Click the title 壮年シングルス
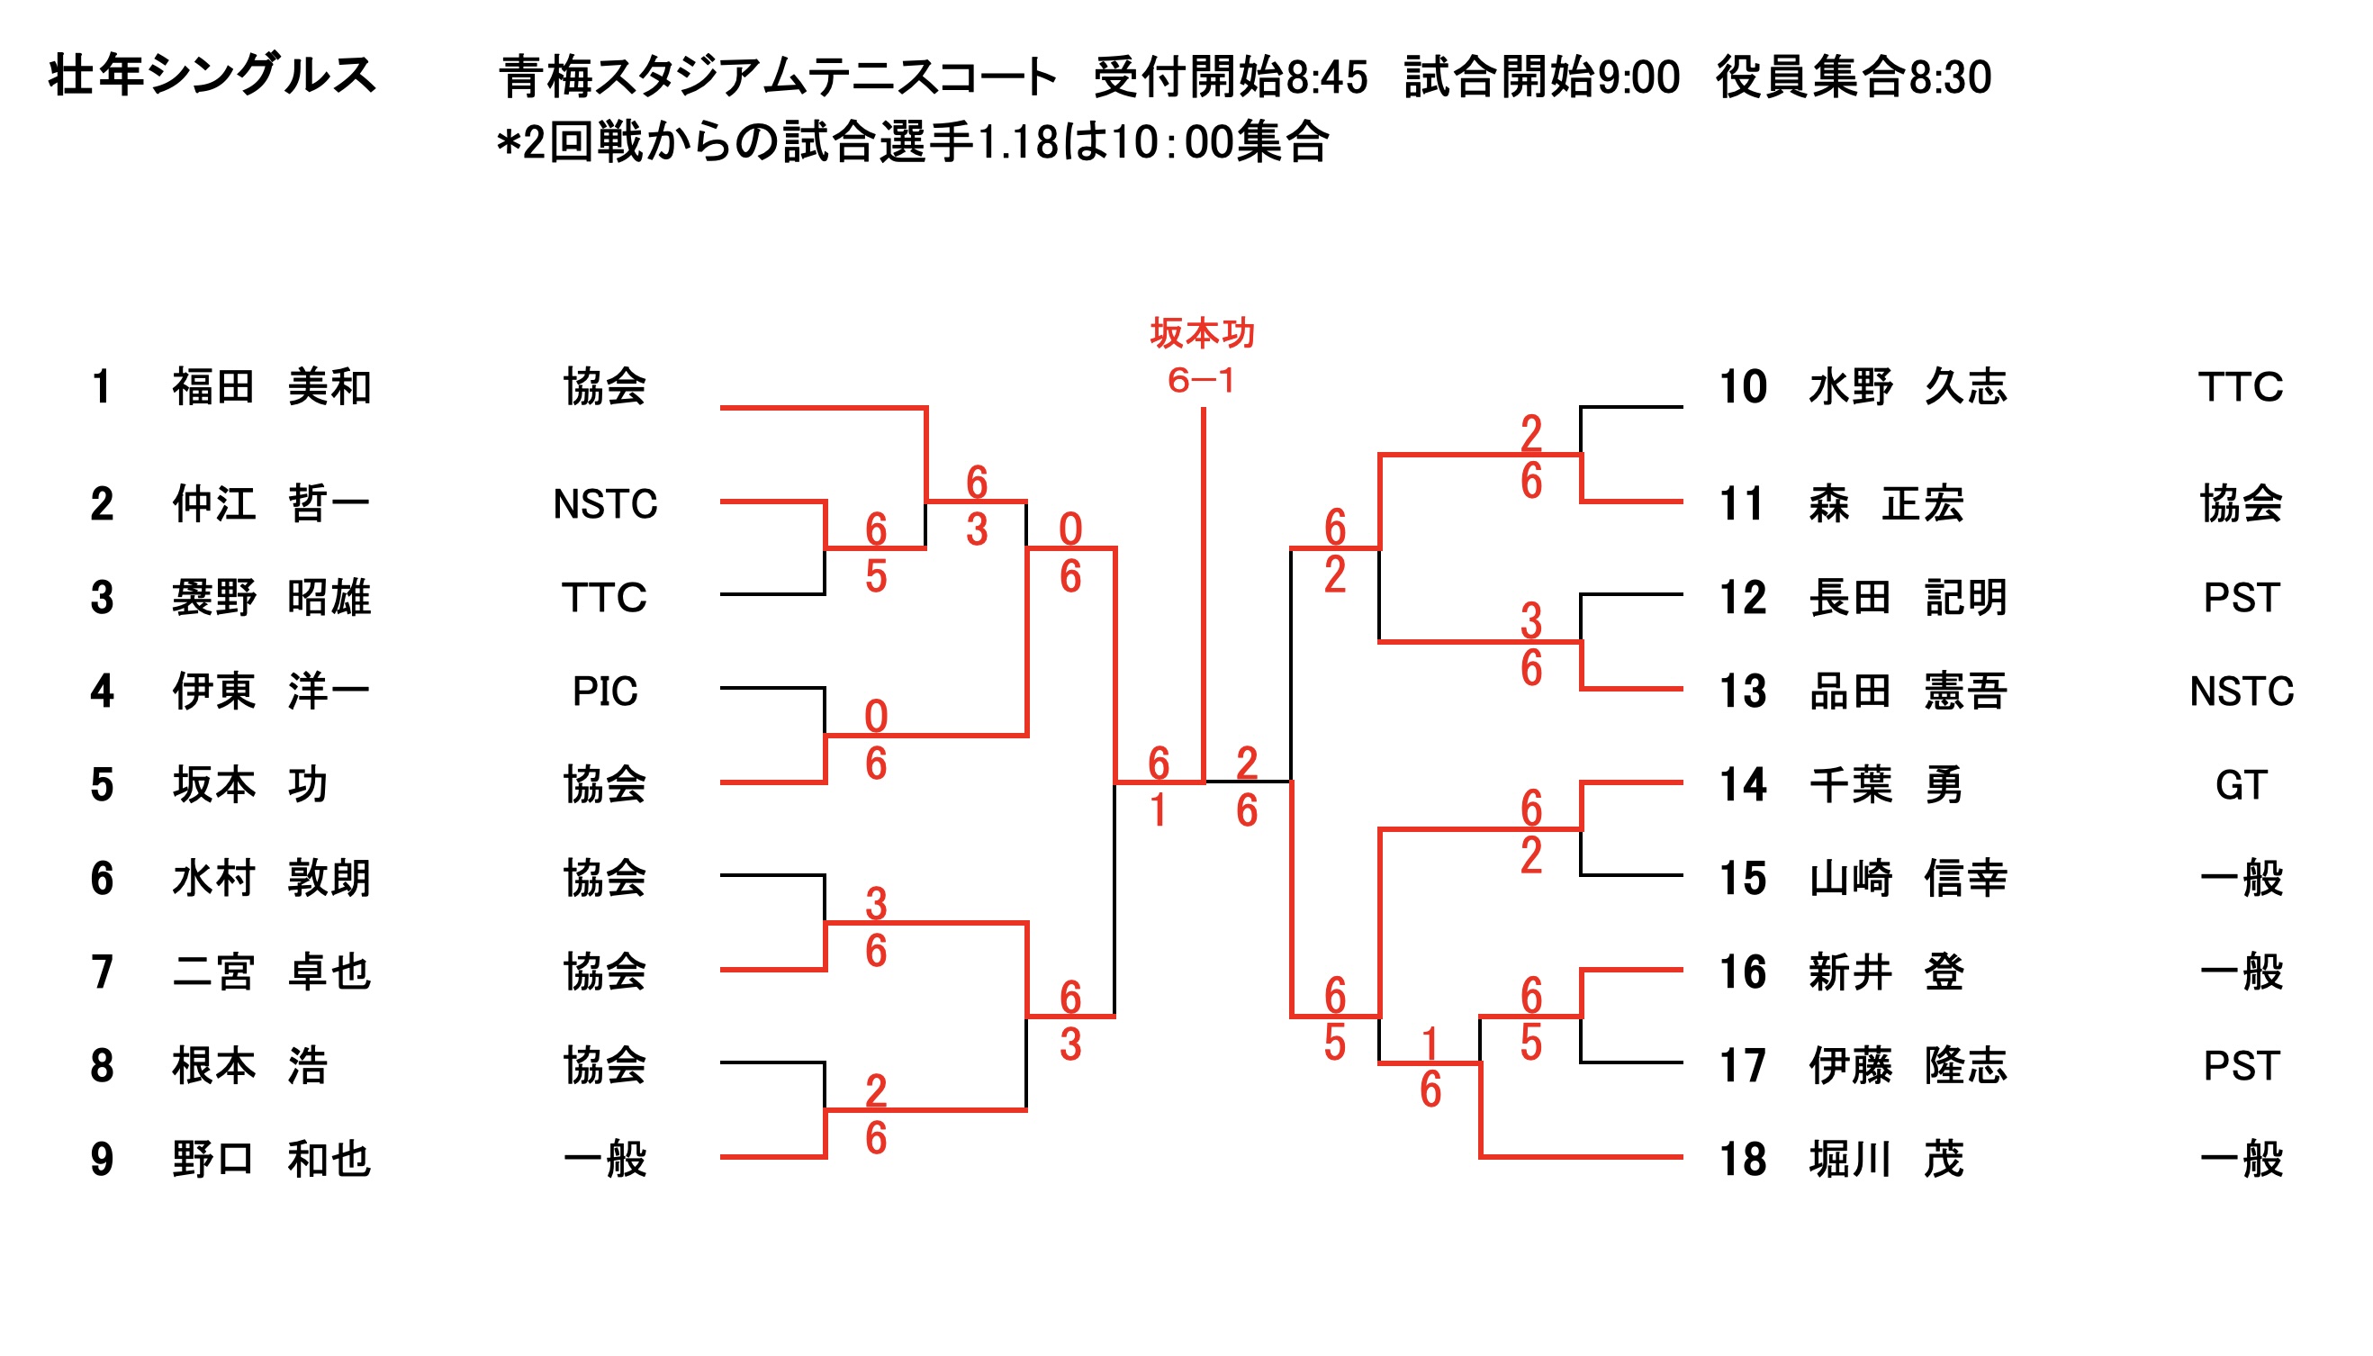(212, 75)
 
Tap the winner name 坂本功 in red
(1202, 333)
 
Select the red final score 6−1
(1201, 380)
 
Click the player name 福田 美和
(271, 386)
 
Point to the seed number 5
(103, 784)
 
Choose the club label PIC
(604, 691)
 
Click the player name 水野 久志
(1907, 386)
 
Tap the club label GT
(2240, 784)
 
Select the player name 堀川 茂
(1886, 1160)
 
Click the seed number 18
(1742, 1160)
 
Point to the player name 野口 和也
(271, 1160)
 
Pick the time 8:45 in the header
(1327, 77)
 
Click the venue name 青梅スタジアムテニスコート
(777, 77)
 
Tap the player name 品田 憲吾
(1907, 691)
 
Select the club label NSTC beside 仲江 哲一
(604, 504)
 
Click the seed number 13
(1742, 691)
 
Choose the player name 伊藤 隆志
(1907, 1065)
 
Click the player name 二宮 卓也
(271, 972)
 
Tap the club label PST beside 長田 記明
(2240, 597)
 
